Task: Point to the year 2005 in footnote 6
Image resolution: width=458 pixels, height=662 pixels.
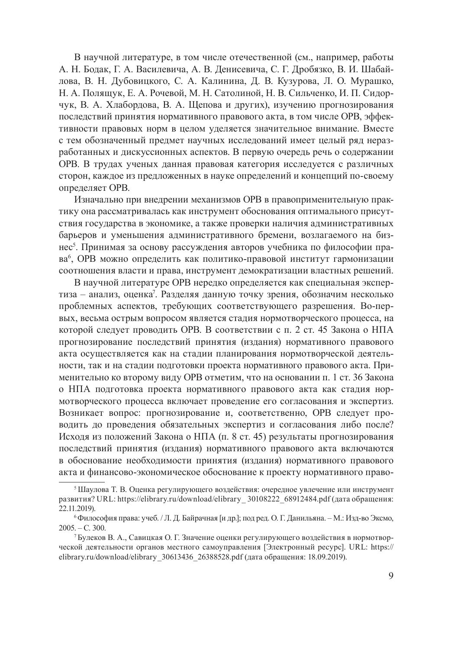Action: tap(67, 528)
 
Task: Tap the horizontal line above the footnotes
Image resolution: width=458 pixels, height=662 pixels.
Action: tap(82, 481)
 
